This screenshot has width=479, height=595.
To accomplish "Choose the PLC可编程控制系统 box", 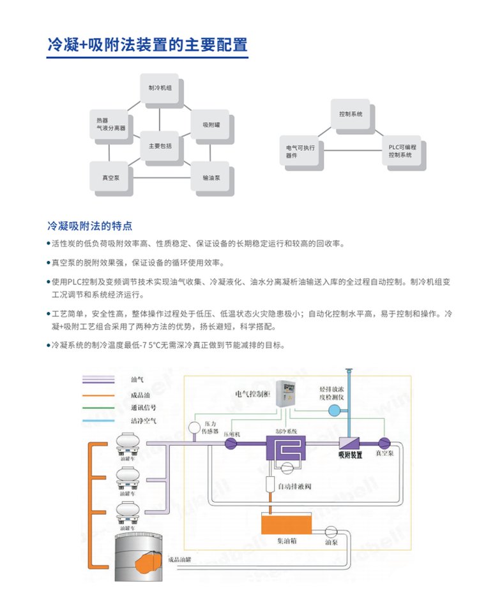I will point(401,151).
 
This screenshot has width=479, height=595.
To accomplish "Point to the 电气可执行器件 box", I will point(301,151).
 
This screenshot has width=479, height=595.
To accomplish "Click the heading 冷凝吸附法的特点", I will point(90,225).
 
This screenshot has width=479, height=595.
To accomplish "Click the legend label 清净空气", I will point(144,420).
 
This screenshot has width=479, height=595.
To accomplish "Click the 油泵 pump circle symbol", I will point(331,531).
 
